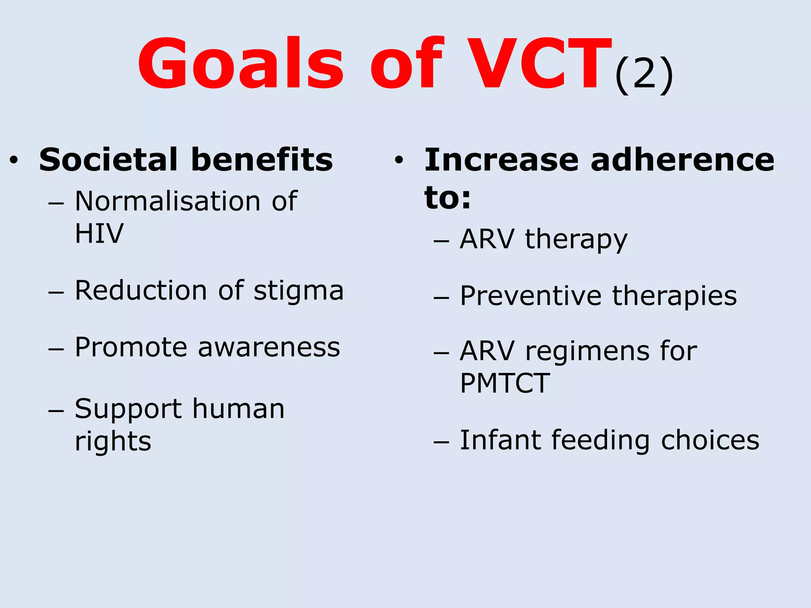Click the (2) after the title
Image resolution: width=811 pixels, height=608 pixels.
point(644,75)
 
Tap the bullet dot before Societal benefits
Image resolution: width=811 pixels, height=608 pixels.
point(14,160)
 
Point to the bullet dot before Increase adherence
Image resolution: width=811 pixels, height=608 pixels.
point(399,160)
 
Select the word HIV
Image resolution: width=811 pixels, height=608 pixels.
point(99,234)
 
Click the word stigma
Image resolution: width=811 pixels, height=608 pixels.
point(299,291)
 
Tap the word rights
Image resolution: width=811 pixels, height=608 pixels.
point(113,442)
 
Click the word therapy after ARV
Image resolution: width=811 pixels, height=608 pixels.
point(576,240)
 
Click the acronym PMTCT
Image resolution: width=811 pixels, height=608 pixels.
point(505,383)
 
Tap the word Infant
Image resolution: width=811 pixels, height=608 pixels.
point(500,440)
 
